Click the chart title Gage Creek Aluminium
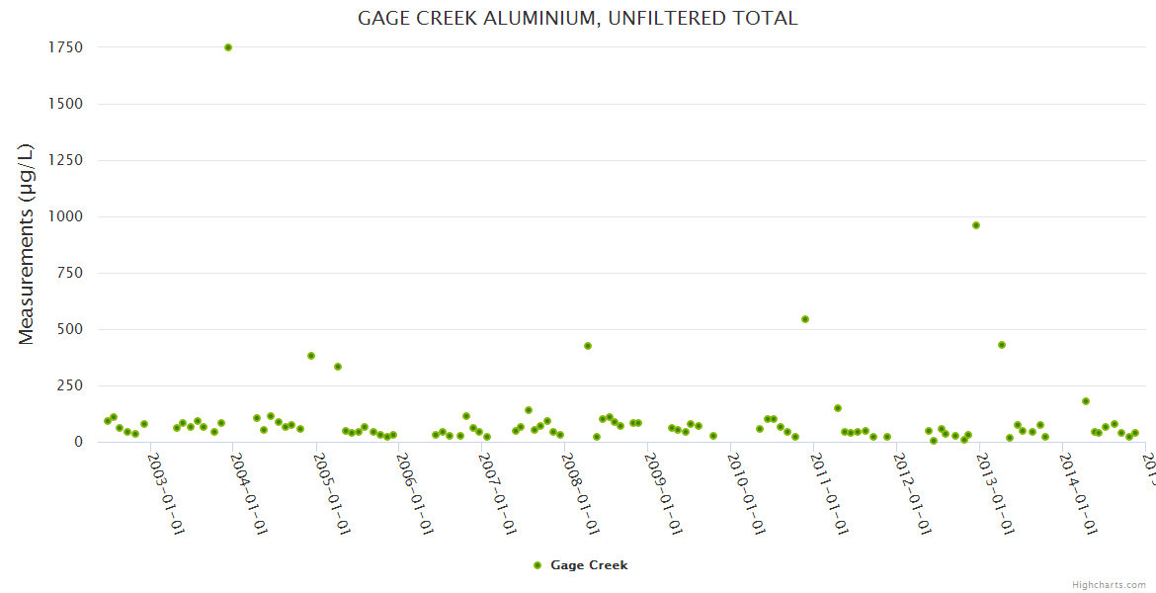(577, 19)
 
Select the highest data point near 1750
(228, 47)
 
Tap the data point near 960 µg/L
(976, 225)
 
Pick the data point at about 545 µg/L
(805, 319)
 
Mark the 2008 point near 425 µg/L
(588, 346)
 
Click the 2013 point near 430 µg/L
(1002, 345)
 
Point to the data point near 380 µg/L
(311, 356)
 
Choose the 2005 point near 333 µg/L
(338, 367)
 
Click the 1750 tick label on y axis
(64, 47)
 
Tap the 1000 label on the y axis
(64, 216)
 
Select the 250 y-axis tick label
(68, 385)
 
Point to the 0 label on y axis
(77, 442)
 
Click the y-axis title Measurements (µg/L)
(27, 244)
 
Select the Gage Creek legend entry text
(589, 565)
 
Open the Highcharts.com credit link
(1109, 585)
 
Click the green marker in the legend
(537, 565)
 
